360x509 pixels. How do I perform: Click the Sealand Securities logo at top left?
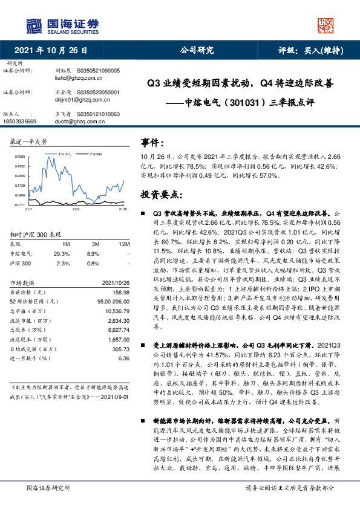62,25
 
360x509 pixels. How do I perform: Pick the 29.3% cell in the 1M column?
61,254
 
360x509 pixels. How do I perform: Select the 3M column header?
93,244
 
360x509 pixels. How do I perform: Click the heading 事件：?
153,142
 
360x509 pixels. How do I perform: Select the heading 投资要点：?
161,194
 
